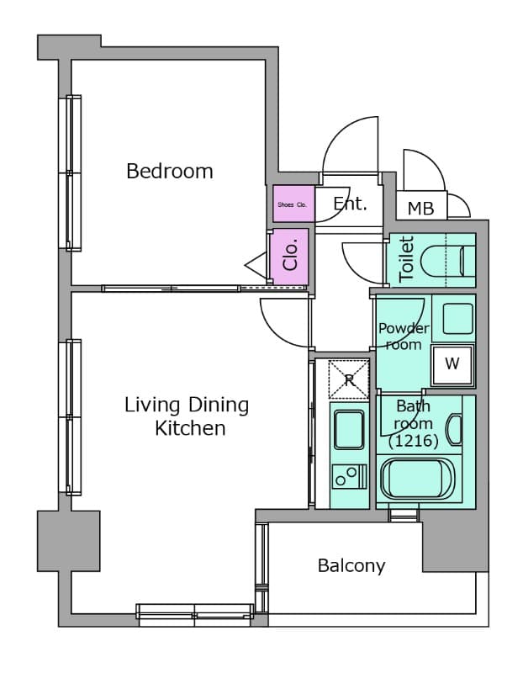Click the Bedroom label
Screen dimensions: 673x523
(169, 172)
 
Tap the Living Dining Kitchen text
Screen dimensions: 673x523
(188, 416)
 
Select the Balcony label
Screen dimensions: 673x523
(351, 565)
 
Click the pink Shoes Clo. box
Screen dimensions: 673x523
(292, 204)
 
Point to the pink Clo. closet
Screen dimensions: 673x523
(290, 256)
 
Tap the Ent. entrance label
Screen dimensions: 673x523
(350, 204)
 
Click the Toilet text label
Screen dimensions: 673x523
(407, 259)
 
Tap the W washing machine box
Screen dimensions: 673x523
(452, 364)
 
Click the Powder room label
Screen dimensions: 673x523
(403, 336)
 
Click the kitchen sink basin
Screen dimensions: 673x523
(347, 429)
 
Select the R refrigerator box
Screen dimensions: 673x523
(348, 379)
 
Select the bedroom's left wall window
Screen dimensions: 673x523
(74, 172)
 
